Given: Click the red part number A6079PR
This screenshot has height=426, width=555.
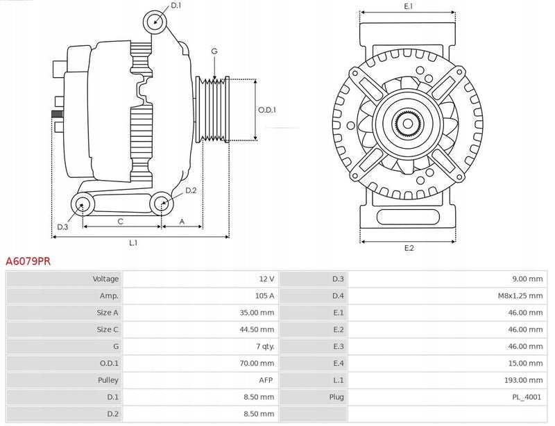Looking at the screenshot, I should tap(28, 262).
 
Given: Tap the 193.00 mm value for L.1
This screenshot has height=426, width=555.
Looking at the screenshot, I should tap(526, 380).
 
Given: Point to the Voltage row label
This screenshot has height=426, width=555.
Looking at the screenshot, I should tap(105, 279).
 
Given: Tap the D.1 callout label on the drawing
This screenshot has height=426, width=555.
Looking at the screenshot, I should tap(176, 6).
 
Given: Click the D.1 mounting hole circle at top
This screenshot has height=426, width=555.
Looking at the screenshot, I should tap(155, 22).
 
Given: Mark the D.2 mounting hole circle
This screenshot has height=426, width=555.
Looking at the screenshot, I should tap(162, 204).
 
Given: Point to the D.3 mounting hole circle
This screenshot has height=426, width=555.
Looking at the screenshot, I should tap(83, 204).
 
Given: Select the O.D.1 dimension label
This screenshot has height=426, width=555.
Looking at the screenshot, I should tap(267, 110).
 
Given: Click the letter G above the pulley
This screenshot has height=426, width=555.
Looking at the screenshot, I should tap(214, 51).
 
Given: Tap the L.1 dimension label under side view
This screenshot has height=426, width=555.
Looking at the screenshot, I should tap(133, 243).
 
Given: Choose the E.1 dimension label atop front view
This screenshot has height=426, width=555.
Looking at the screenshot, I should tap(408, 6).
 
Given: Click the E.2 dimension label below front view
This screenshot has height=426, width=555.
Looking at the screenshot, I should tap(408, 248).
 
